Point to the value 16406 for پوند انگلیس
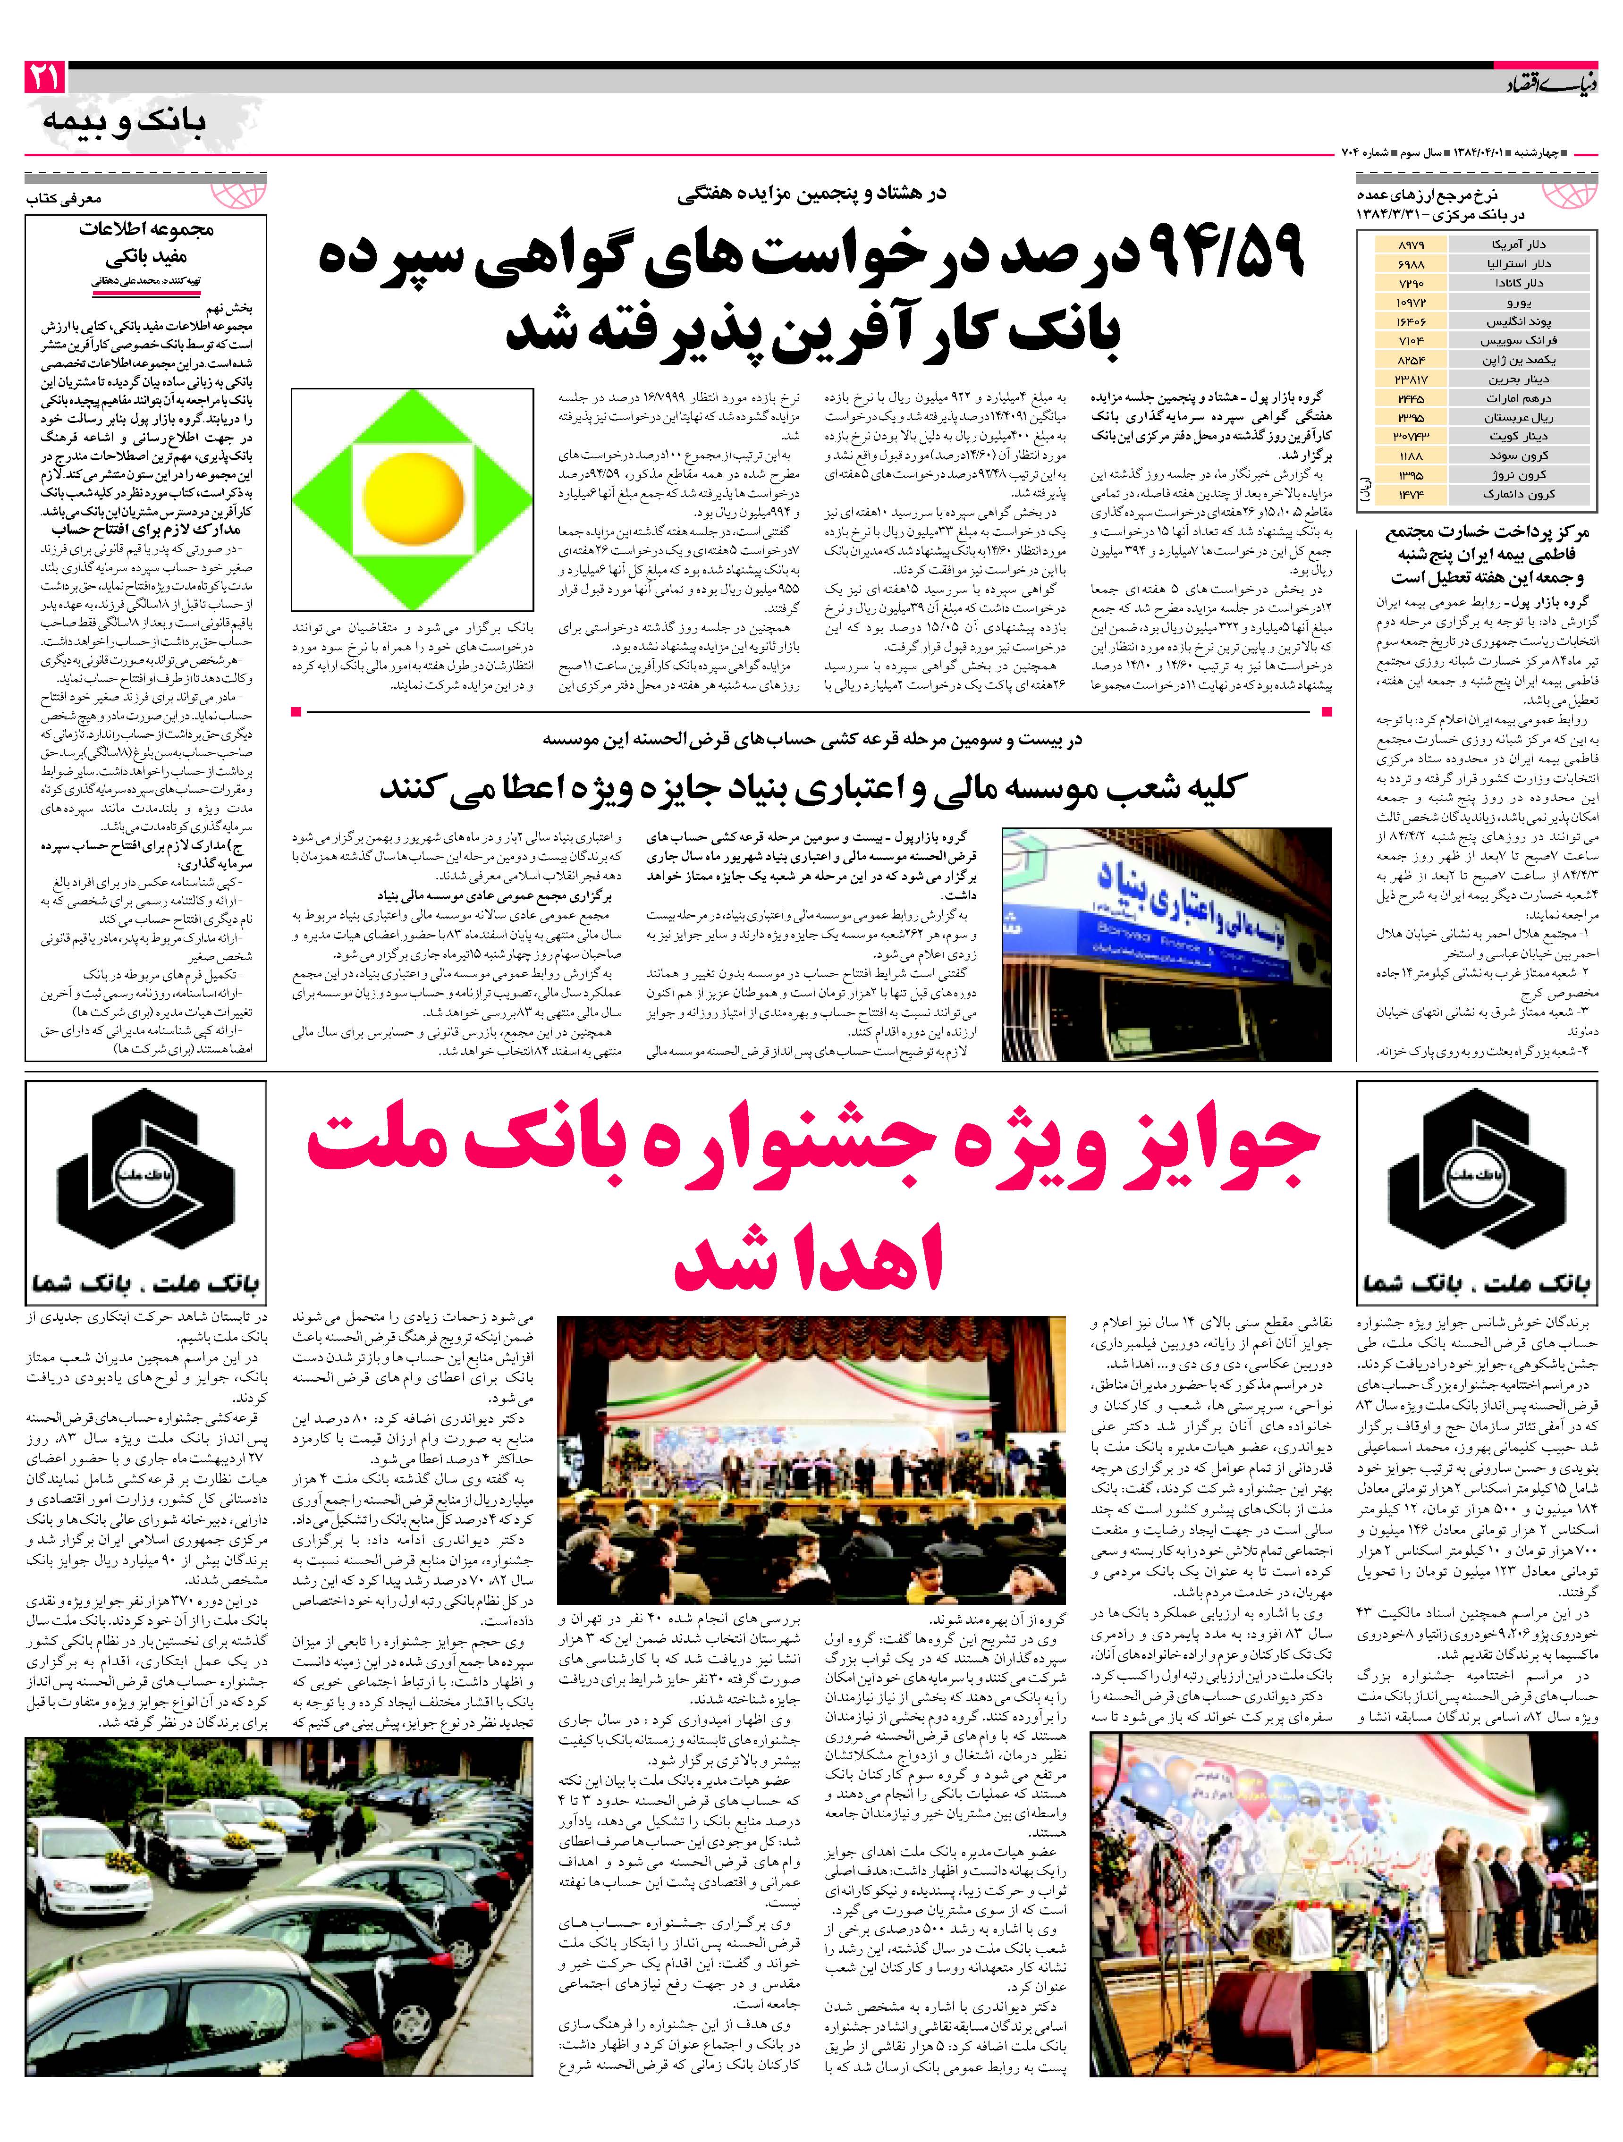click(x=1412, y=321)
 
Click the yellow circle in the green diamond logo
click(x=413, y=487)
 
